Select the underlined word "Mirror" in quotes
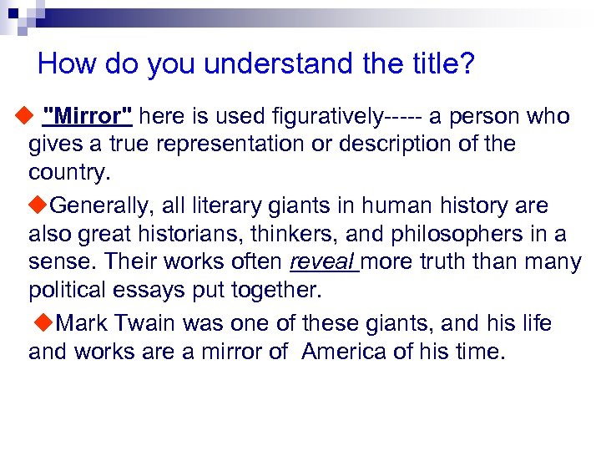coord(91,116)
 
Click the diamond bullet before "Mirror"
coord(22,116)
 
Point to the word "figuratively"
coord(312,116)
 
